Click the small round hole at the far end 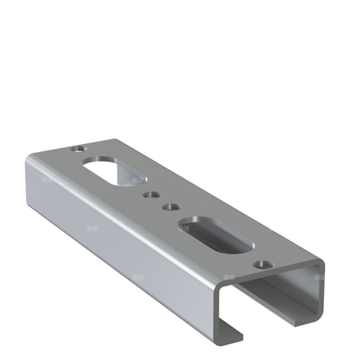point(76,149)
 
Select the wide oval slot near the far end point(106,170)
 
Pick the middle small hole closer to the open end point(169,207)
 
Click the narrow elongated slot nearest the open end point(214,234)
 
